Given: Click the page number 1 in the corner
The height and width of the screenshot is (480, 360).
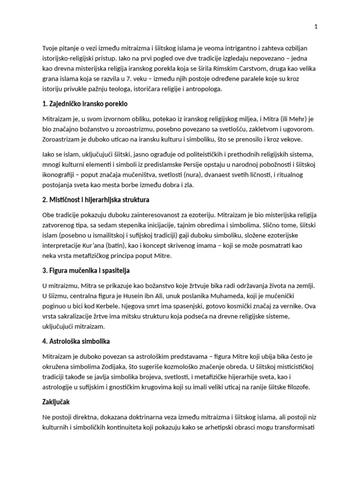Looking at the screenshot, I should [x=316, y=27].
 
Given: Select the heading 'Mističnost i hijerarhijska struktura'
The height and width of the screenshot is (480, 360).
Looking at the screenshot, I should [x=96, y=200].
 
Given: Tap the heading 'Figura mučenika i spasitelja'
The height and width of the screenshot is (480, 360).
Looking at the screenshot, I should [x=86, y=270].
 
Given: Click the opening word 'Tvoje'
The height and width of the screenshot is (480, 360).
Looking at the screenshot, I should [x=51, y=48].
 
